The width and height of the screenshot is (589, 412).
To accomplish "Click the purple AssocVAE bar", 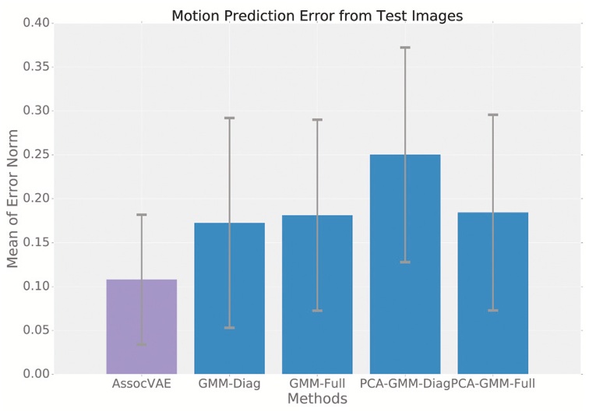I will click(x=141, y=327).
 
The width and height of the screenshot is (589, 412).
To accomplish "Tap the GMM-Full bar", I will click(x=317, y=295).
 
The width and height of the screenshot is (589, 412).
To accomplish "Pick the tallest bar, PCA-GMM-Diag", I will click(x=405, y=265).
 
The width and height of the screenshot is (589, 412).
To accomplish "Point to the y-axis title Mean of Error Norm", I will click(x=13, y=199).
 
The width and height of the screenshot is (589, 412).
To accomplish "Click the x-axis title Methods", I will click(x=316, y=399).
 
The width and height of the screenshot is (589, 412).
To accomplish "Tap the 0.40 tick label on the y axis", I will click(x=36, y=23).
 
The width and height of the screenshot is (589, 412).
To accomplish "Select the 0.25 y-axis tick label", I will click(x=36, y=155).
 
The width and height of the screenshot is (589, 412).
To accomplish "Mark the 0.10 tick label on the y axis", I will click(x=36, y=287).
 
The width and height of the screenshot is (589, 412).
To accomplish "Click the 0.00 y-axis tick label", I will click(x=36, y=375).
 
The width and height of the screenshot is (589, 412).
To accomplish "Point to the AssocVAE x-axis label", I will click(x=141, y=384).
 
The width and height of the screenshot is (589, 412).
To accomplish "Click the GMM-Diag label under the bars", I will click(x=229, y=384).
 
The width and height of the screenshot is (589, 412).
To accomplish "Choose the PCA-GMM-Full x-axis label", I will click(x=492, y=384).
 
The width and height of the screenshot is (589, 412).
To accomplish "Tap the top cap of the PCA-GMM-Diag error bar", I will click(x=405, y=48).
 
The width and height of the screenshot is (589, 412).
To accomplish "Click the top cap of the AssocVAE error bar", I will click(x=141, y=215).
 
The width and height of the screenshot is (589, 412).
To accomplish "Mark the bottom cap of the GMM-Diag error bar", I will click(x=229, y=328).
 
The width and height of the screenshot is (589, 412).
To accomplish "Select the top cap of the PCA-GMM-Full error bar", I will click(x=492, y=114).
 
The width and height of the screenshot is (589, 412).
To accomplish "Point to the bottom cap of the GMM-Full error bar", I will click(x=317, y=311).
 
